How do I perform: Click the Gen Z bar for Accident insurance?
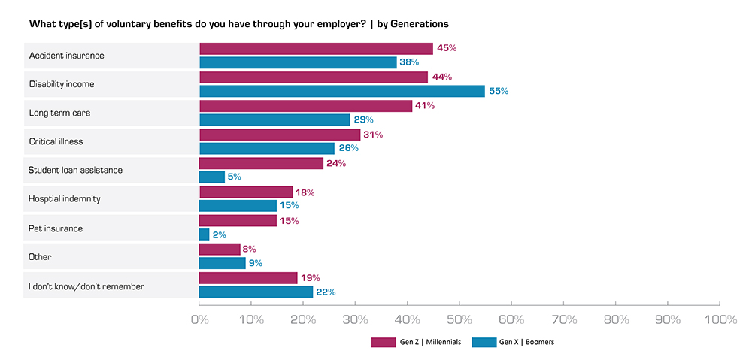316,48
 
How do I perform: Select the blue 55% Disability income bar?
342,91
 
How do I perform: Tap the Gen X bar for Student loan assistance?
212,177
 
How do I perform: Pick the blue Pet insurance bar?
204,234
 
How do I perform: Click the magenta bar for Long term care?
305,106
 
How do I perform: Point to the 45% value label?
447,48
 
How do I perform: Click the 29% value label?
363,119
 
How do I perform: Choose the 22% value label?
325,292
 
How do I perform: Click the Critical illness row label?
56,141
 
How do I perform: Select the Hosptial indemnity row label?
65,198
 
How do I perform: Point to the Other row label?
39,256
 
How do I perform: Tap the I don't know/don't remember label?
86,286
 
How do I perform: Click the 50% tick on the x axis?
459,320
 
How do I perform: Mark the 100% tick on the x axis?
720,320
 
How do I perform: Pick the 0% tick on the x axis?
199,320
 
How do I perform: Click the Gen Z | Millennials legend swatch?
383,343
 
